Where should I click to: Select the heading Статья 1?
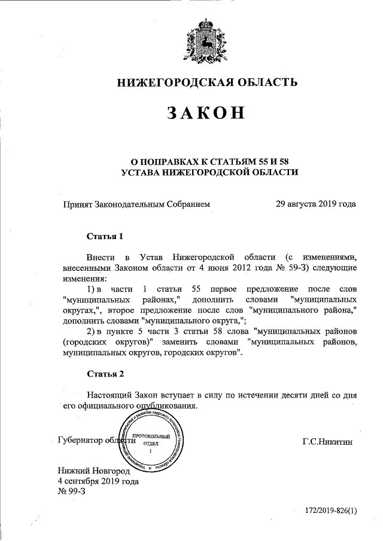coord(105,236)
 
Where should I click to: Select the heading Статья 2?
coord(105,374)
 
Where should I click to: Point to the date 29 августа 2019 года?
coord(315,204)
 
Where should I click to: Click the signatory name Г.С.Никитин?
coord(329,442)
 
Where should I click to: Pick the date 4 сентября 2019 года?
coord(98,481)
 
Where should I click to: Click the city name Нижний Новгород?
coord(93,470)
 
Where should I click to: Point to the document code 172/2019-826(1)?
coord(331,512)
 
